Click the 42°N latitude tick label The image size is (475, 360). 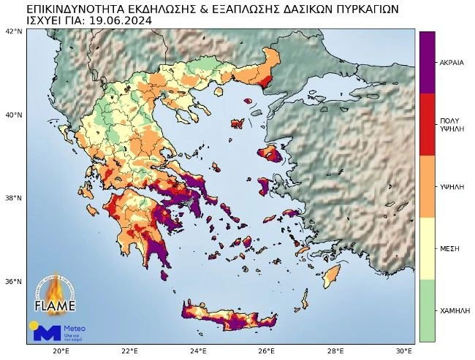14,31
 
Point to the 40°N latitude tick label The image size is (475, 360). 14,115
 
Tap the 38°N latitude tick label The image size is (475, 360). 14,198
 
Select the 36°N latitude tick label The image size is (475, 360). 14,281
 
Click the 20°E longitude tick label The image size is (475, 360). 61,351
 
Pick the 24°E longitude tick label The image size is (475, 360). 199,351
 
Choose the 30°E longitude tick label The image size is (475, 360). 405,351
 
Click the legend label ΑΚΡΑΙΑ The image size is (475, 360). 452,63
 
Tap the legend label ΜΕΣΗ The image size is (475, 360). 449,248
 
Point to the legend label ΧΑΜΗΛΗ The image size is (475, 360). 454,310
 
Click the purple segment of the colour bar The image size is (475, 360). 427,63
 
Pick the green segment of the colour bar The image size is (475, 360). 427,310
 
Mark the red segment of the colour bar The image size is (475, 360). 427,124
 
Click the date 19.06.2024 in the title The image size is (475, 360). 119,21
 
